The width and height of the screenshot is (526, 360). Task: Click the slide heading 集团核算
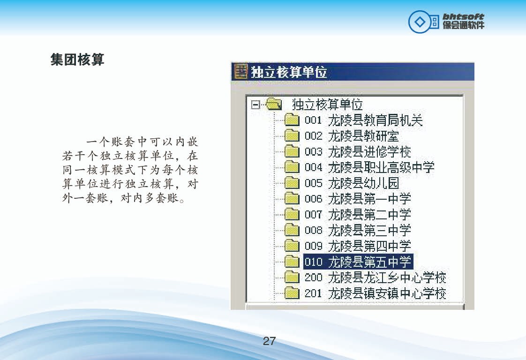coord(77,60)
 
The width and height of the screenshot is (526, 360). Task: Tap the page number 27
coord(270,341)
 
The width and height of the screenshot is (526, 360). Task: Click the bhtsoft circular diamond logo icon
coord(419,22)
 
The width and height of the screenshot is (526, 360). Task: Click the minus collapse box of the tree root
coord(255,105)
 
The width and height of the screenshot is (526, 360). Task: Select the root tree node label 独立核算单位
coord(327,105)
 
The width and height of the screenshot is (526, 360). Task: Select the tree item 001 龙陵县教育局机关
coord(364,120)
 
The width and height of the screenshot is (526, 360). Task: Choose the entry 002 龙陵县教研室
coord(352,136)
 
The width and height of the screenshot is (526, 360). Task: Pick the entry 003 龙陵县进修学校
coord(358,152)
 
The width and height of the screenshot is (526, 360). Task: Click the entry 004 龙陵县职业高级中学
coord(369,167)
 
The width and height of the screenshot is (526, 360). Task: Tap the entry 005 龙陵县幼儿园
coord(352,183)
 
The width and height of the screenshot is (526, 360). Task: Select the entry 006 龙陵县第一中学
coord(358,199)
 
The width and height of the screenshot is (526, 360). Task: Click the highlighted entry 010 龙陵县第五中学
coord(358,262)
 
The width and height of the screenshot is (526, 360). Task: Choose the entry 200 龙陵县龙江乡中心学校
coord(376,277)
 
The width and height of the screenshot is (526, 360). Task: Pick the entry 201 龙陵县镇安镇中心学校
coord(376,293)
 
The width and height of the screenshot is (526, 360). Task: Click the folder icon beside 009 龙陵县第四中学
coord(292,246)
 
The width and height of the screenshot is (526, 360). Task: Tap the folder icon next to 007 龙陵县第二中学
coord(292,214)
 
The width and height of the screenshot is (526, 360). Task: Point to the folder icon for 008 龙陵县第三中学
coord(292,230)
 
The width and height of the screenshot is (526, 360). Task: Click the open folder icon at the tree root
coord(274,104)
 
